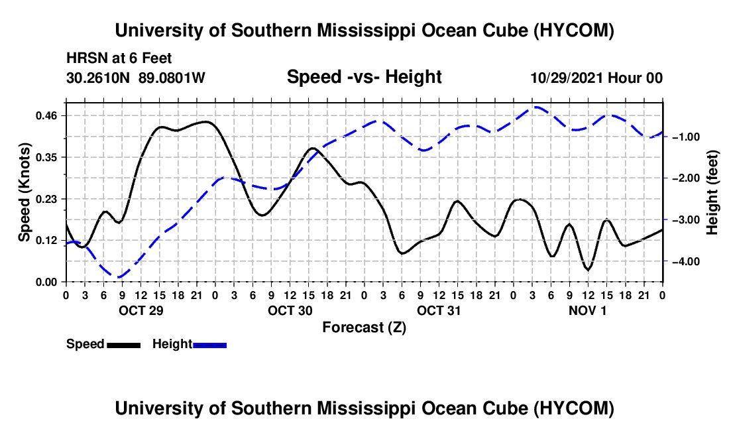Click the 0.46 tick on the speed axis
click(x=46, y=115)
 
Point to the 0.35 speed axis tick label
click(x=46, y=157)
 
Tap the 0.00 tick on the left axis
click(x=46, y=282)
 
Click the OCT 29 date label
click(x=141, y=310)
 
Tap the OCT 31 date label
click(x=439, y=310)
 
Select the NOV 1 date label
click(x=588, y=310)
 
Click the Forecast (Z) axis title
click(x=364, y=328)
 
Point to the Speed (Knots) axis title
click(x=24, y=192)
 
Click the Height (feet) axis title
click(x=712, y=192)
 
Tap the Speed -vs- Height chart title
click(x=364, y=77)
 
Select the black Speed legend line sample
click(x=124, y=345)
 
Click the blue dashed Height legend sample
click(x=209, y=345)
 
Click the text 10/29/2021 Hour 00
click(x=596, y=78)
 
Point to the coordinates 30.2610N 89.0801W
click(x=136, y=78)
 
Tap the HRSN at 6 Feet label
click(x=119, y=58)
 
